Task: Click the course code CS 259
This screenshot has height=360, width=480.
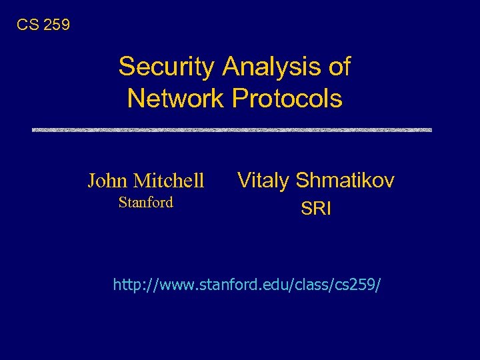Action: [x=43, y=25]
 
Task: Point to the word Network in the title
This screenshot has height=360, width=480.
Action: [x=175, y=99]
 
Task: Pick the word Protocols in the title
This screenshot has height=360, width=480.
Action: [x=287, y=99]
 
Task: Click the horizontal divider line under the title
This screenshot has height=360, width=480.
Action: [x=232, y=129]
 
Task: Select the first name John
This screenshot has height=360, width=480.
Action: [x=108, y=181]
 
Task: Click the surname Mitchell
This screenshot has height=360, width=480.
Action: [x=169, y=181]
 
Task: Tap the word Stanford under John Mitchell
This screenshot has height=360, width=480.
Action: [x=145, y=203]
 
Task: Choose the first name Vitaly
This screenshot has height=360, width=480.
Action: [x=264, y=180]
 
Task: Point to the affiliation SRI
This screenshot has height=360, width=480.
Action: [x=316, y=209]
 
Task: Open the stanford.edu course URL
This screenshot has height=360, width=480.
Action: [x=247, y=285]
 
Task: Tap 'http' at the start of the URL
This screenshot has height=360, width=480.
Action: [x=126, y=285]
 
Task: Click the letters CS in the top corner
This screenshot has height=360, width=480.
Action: [x=27, y=25]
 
